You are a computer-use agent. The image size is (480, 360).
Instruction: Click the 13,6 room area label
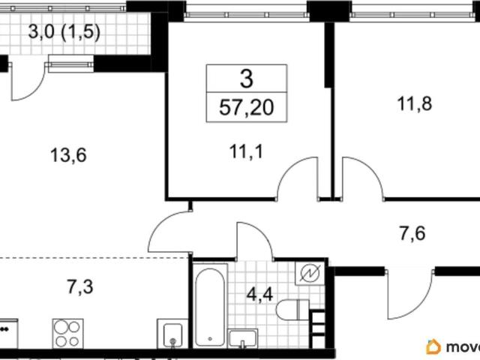pos(68,155)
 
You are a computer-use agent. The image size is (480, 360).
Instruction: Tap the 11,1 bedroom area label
pos(246,151)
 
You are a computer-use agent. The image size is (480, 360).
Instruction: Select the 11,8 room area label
pos(415,103)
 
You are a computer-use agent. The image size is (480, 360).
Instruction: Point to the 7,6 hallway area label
pos(412,233)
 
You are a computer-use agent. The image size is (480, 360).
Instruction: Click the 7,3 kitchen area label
pos(80,286)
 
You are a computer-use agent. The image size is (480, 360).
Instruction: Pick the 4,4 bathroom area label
pos(260,295)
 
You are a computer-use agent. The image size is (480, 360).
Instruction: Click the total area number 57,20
pos(247,107)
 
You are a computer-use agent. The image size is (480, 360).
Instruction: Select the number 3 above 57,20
pos(247,79)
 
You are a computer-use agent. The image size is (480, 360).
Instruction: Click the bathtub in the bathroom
pos(210,307)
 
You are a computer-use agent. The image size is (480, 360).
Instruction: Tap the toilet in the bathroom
pos(292,309)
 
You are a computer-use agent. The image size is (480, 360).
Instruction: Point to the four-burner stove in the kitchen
pos(67,333)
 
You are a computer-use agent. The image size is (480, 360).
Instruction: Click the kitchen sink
pos(172,334)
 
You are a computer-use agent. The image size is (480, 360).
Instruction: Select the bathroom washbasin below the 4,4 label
pos(243,338)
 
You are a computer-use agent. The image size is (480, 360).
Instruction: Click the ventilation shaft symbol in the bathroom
pos(310,273)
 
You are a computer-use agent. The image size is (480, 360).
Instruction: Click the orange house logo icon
pos(433,347)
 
